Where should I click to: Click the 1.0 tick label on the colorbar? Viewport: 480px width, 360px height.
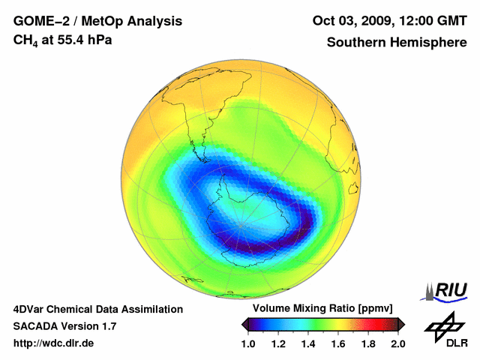[x=249, y=343]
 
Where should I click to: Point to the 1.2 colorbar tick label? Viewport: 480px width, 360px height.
[x=279, y=343]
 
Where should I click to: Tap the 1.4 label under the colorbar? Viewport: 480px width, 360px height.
[x=308, y=343]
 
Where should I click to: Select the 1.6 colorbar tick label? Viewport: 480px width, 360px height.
[x=338, y=343]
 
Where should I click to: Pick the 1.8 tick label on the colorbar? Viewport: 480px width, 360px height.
[x=367, y=343]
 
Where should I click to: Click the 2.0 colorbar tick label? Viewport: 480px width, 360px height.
[x=397, y=343]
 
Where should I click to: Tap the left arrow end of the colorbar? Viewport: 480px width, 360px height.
[x=244, y=324]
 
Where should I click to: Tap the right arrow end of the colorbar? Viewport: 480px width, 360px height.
[x=402, y=324]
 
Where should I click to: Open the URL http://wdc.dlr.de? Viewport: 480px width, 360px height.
[x=54, y=343]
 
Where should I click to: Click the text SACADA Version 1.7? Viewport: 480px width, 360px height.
[x=64, y=326]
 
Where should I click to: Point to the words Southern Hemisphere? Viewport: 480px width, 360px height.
[x=396, y=42]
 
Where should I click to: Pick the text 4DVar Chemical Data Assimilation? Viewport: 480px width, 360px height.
[x=98, y=309]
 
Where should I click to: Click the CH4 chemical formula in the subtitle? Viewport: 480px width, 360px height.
[x=25, y=40]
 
